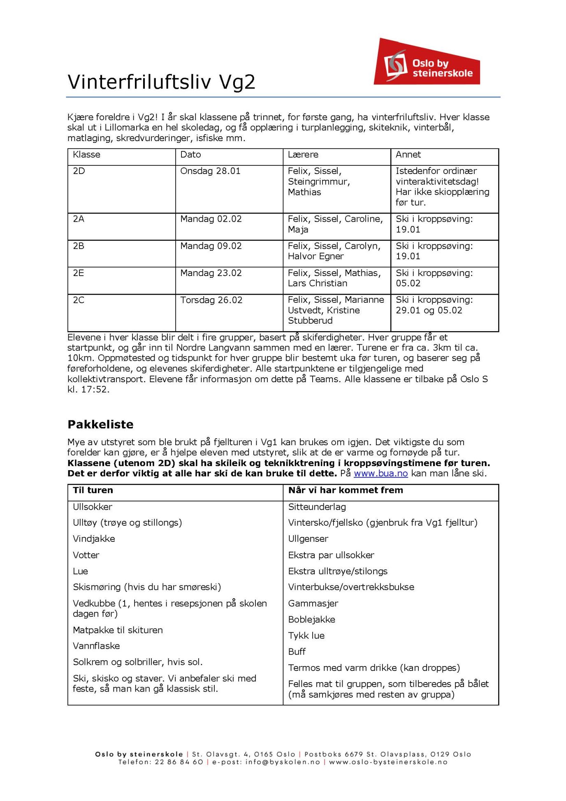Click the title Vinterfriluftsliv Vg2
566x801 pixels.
point(161,81)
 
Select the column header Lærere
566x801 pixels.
point(303,155)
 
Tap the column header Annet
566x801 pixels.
point(408,155)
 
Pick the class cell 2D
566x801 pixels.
point(79,171)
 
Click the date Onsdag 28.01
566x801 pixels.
point(210,171)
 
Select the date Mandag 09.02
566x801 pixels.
point(211,246)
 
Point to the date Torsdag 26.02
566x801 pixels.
point(211,300)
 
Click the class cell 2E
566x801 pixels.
point(79,273)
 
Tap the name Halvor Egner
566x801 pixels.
point(315,256)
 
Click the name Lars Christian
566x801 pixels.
point(317,283)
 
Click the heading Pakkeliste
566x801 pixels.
point(100,425)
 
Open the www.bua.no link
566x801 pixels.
point(380,474)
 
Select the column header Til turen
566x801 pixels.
point(93,490)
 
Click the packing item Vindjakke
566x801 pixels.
point(94,539)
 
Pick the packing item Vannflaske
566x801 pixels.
point(96,646)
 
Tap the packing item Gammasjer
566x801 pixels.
point(313,604)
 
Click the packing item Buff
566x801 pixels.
point(297,652)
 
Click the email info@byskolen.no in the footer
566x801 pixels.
point(283,762)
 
